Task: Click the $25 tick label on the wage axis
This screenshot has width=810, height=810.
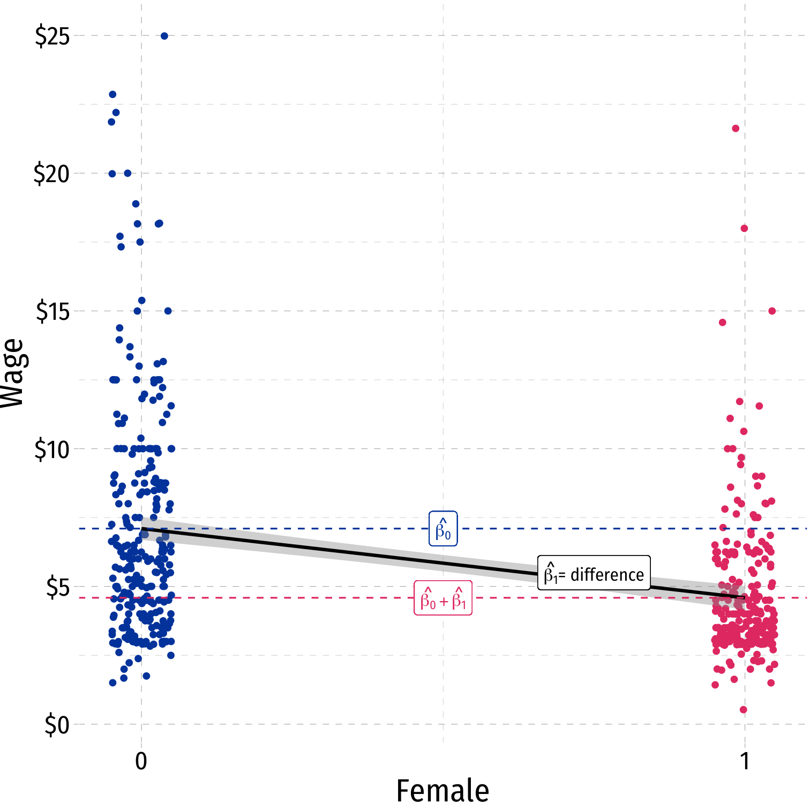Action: click(52, 36)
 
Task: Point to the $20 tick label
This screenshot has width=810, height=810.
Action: click(51, 174)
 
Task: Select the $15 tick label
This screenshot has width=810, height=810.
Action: click(52, 312)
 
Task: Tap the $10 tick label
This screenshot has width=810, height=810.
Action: click(52, 449)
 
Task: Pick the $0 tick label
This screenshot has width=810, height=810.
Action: click(57, 725)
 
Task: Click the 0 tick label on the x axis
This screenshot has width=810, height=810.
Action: click(141, 761)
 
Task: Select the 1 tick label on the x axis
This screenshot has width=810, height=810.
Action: click(745, 761)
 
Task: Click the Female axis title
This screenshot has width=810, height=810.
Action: click(442, 791)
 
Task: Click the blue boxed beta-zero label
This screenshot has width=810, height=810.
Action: click(443, 529)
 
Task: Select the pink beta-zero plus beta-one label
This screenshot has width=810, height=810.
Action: click(443, 598)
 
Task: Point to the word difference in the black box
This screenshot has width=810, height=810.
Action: click(607, 575)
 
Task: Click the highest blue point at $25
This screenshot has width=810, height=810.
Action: click(164, 36)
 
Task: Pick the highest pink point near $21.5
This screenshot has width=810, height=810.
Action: click(736, 129)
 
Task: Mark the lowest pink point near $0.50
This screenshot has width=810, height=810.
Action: click(743, 710)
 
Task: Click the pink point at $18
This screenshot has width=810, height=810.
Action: click(744, 229)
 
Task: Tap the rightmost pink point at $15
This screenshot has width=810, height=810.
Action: click(772, 311)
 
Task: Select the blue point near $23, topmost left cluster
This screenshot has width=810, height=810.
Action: click(112, 94)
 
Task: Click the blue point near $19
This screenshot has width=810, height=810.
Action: click(136, 204)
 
